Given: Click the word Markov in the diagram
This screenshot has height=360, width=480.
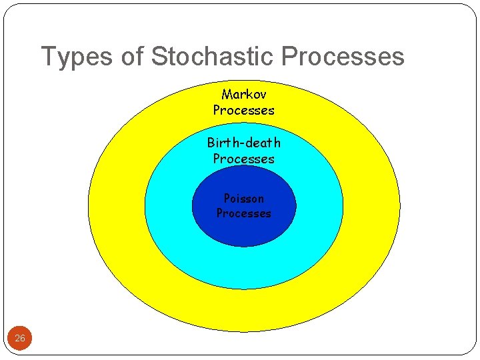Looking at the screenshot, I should (x=243, y=95).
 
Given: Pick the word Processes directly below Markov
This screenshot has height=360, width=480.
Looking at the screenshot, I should (x=243, y=111).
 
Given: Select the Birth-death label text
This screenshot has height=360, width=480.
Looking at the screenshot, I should (x=243, y=143).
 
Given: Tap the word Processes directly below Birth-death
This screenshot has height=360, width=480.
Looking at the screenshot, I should (x=243, y=159).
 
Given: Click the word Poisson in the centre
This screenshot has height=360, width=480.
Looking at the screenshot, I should (x=243, y=199).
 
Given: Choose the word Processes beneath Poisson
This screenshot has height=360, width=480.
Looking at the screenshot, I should (x=243, y=214).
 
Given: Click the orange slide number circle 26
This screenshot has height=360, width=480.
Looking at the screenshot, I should (x=20, y=339).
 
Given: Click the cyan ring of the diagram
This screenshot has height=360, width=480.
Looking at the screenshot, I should (x=243, y=267).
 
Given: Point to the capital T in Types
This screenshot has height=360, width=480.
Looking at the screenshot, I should (x=48, y=57).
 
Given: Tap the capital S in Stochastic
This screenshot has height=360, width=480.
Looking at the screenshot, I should (x=159, y=57).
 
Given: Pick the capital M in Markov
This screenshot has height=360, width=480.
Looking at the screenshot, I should (x=226, y=95).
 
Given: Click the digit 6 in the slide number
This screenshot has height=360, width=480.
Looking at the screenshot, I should (x=23, y=339).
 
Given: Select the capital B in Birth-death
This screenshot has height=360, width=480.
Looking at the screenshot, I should (x=211, y=143).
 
